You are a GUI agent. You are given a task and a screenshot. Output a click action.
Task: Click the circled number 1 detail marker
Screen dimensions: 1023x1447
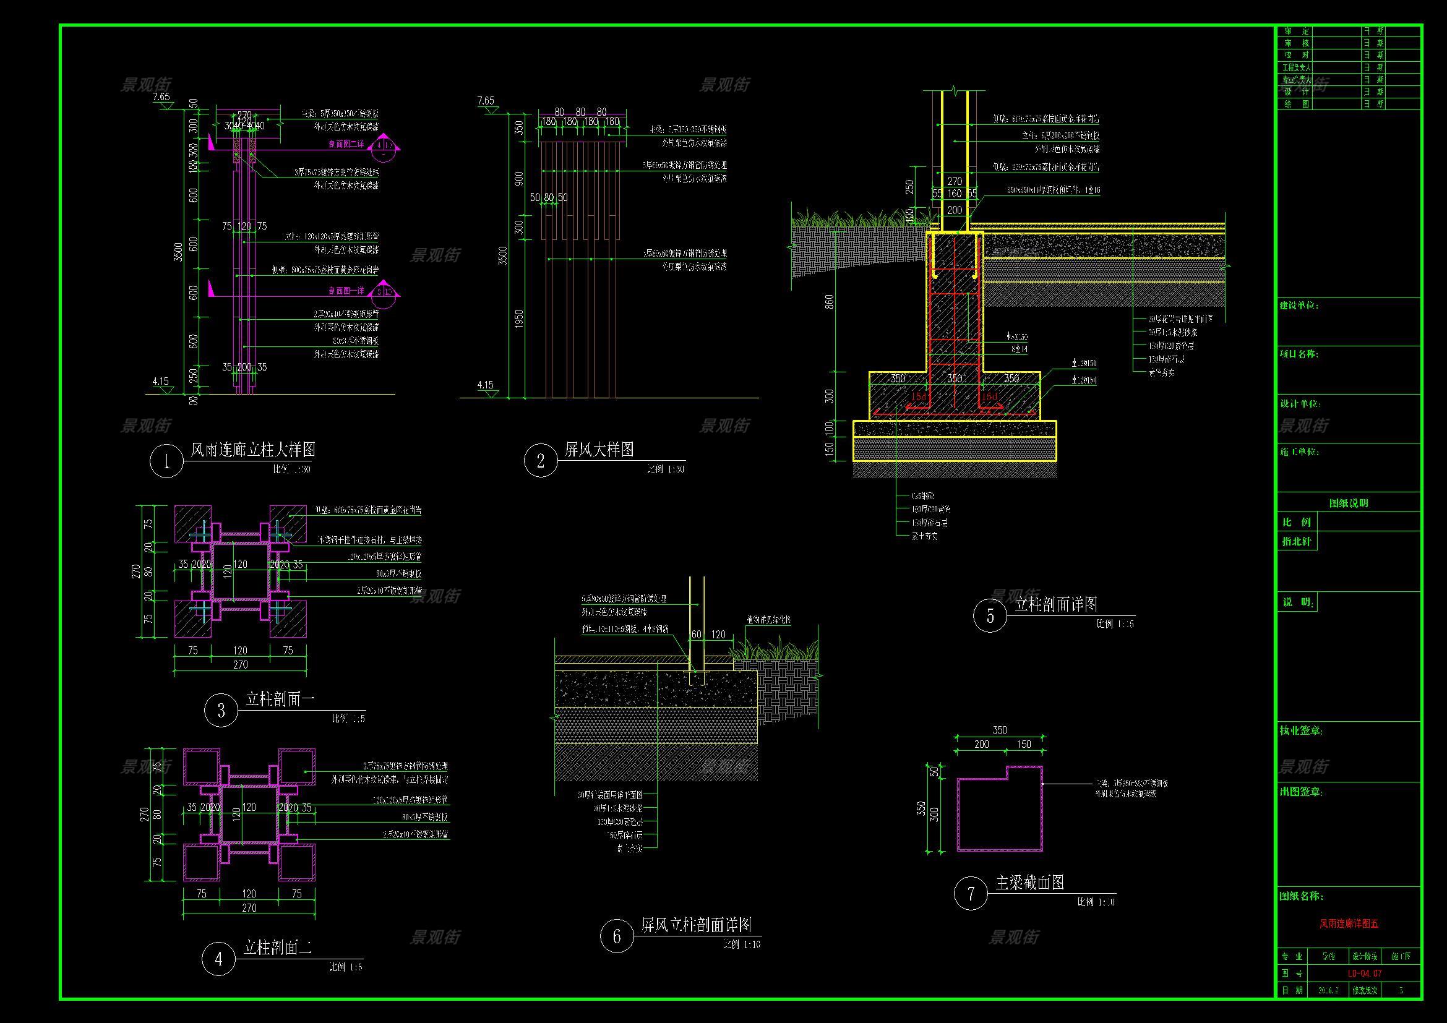[x=166, y=462]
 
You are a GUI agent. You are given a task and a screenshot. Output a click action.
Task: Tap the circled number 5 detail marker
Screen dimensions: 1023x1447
[x=990, y=615]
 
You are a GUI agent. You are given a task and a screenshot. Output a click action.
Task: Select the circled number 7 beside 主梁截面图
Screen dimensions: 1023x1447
[x=971, y=893]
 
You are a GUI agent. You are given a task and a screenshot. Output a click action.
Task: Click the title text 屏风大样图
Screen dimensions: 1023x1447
[x=599, y=450]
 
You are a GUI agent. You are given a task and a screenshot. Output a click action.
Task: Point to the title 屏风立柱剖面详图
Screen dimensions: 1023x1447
[x=697, y=925]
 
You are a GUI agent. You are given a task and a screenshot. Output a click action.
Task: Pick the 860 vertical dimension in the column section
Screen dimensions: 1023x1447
[x=830, y=302]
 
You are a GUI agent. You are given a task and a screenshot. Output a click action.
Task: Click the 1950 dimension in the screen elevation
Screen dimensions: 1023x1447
[x=519, y=319]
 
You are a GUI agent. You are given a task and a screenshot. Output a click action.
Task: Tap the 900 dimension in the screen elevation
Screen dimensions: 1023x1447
[x=519, y=178]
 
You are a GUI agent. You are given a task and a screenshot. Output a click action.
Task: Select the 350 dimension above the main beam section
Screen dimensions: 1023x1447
[x=1000, y=730]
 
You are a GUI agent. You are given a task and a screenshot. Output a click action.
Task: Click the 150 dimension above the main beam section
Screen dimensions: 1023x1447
[x=1023, y=745]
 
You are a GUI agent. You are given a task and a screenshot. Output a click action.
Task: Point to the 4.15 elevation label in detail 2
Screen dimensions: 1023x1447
[x=485, y=385]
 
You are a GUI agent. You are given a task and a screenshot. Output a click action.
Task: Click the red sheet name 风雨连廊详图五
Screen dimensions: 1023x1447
[x=1349, y=924]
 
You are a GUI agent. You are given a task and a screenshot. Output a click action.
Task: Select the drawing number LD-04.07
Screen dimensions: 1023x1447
[x=1365, y=974]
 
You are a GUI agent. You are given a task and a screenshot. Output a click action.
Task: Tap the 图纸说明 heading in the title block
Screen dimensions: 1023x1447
[x=1349, y=503]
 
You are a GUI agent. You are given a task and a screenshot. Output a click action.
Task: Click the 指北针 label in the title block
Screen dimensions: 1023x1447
[x=1297, y=541]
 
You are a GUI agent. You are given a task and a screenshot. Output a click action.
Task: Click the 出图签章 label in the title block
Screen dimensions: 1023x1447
[x=1301, y=792]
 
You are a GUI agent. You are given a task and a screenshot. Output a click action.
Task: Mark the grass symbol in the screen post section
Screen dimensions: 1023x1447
[x=775, y=649]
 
